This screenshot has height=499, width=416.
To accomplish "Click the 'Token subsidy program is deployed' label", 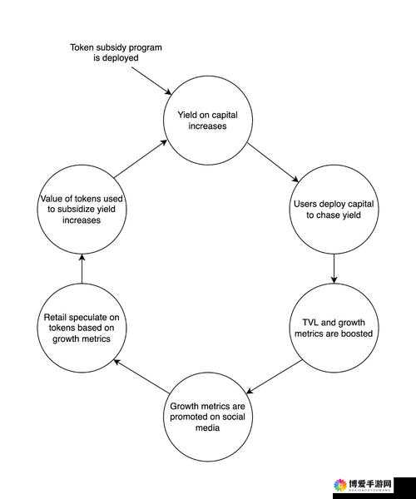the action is coord(116,52).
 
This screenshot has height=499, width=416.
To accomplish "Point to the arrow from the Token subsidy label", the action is coord(151,81).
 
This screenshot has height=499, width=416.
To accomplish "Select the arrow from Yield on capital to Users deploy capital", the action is coord(273,162).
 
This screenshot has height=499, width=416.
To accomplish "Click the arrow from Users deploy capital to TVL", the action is coord(334,269).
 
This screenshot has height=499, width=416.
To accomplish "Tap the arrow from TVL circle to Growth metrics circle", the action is coord(274,377).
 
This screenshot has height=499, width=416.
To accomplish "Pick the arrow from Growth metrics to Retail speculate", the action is coord(141,376).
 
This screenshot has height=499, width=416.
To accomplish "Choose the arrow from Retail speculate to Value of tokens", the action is coord(82,269).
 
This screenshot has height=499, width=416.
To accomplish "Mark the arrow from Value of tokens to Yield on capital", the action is coord(141,159).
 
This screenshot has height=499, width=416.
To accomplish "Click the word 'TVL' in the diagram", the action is coord(310,323).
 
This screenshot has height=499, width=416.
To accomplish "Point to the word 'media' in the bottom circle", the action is coord(207,427).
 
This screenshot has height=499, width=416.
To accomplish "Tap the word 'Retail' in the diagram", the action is coord(55,318).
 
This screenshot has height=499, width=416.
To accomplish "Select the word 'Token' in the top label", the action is coord(82,47).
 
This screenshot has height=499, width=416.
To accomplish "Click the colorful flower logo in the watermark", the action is coord(340,485).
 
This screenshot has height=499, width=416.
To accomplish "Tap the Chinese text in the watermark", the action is coord(370,485).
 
